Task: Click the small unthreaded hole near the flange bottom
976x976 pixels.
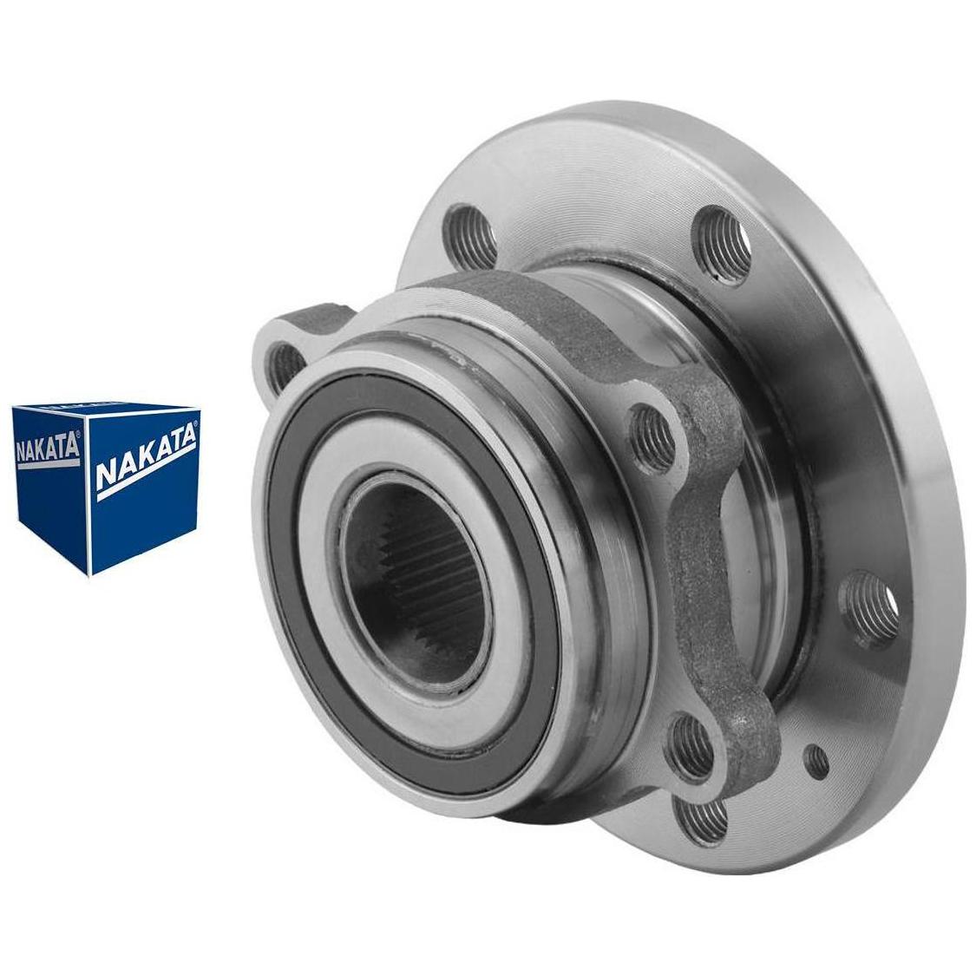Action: point(816,758)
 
